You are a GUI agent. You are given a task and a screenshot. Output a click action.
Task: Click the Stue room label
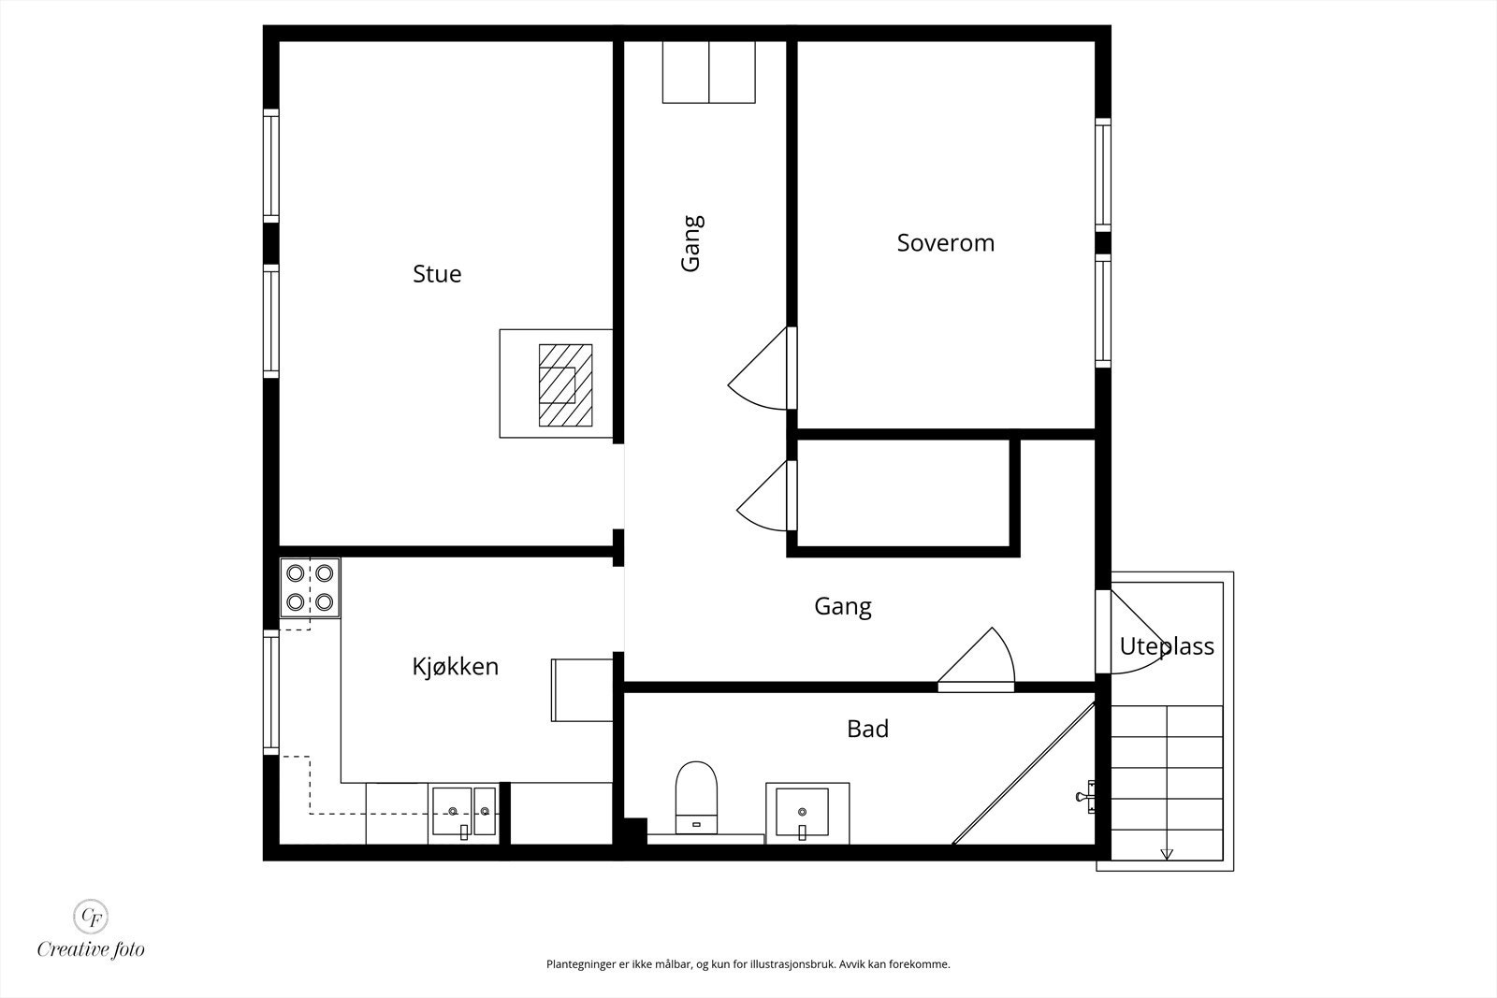click(437, 274)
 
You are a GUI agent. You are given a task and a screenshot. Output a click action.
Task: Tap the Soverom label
click(946, 242)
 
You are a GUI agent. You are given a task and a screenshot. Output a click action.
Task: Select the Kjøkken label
click(455, 667)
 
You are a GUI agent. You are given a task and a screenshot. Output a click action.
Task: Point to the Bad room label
click(867, 729)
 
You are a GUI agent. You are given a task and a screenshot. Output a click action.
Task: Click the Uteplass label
click(1167, 646)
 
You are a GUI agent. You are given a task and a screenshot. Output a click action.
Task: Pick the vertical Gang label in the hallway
click(691, 243)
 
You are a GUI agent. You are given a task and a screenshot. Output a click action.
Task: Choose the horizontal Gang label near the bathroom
click(843, 606)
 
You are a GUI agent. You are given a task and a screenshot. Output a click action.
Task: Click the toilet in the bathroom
click(696, 798)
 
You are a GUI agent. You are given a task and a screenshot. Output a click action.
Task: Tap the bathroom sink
click(807, 813)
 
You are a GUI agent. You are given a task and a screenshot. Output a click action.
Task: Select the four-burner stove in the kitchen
click(310, 587)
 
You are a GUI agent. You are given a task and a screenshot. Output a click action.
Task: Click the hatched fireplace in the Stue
click(565, 384)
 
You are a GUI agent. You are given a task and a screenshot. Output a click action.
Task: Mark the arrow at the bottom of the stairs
click(1167, 854)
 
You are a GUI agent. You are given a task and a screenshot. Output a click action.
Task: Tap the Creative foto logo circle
click(91, 917)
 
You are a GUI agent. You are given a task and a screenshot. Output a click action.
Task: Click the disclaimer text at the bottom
click(748, 964)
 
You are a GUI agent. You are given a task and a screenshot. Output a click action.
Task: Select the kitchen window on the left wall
click(270, 692)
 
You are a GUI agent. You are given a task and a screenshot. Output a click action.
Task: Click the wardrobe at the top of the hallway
click(709, 72)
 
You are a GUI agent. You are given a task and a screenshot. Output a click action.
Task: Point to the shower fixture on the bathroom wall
click(1085, 796)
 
